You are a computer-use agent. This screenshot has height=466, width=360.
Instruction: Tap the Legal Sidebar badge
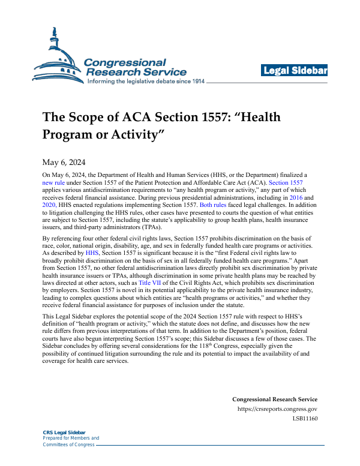pos(294,71)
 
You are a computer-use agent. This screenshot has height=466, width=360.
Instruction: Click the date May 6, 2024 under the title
pos(64,162)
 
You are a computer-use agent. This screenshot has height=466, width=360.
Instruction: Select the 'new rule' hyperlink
pos(52,181)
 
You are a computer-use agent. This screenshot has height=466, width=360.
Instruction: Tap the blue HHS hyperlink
pos(92,253)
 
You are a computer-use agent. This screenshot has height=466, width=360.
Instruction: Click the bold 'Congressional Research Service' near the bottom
pos(274,399)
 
